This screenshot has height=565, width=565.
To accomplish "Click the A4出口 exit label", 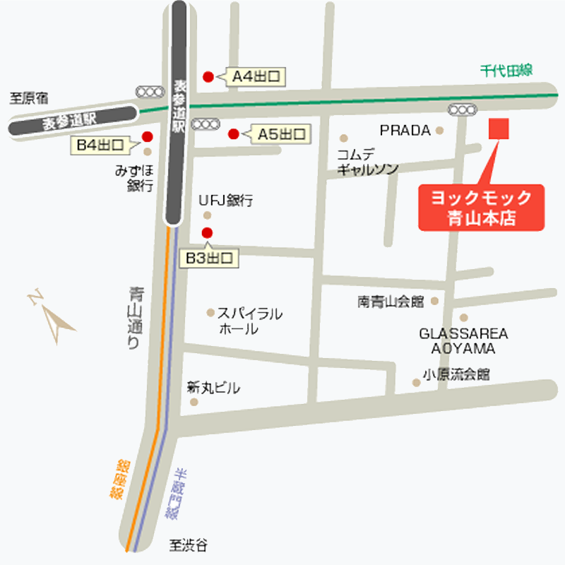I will click(x=258, y=76).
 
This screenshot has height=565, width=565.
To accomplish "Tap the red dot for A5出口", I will click(x=233, y=133).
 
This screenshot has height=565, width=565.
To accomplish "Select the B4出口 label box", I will click(x=100, y=146).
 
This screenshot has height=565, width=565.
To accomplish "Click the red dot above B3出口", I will click(x=207, y=232).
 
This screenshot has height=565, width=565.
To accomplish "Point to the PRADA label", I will click(x=405, y=131).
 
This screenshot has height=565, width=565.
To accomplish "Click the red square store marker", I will click(x=500, y=129).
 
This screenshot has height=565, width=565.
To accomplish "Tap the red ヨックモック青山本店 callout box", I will click(x=482, y=207).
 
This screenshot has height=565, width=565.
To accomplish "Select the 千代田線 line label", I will click(x=506, y=70).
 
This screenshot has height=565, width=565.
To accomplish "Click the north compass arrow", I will click(x=54, y=316).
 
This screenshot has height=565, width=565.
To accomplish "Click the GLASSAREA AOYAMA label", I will click(x=463, y=341).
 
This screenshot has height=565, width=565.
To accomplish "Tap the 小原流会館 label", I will click(x=456, y=374).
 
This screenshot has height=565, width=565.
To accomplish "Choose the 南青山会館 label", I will click(x=391, y=302).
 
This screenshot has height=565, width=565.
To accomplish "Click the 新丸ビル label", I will click(x=213, y=388).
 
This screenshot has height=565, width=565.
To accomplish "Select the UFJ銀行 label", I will click(x=225, y=201).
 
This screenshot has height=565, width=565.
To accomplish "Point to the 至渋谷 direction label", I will click(x=189, y=545).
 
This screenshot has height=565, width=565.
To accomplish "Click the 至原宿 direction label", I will click(x=28, y=98).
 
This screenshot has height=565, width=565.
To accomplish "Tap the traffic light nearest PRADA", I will click(x=463, y=109).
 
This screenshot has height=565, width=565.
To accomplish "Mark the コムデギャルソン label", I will click(x=367, y=162).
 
